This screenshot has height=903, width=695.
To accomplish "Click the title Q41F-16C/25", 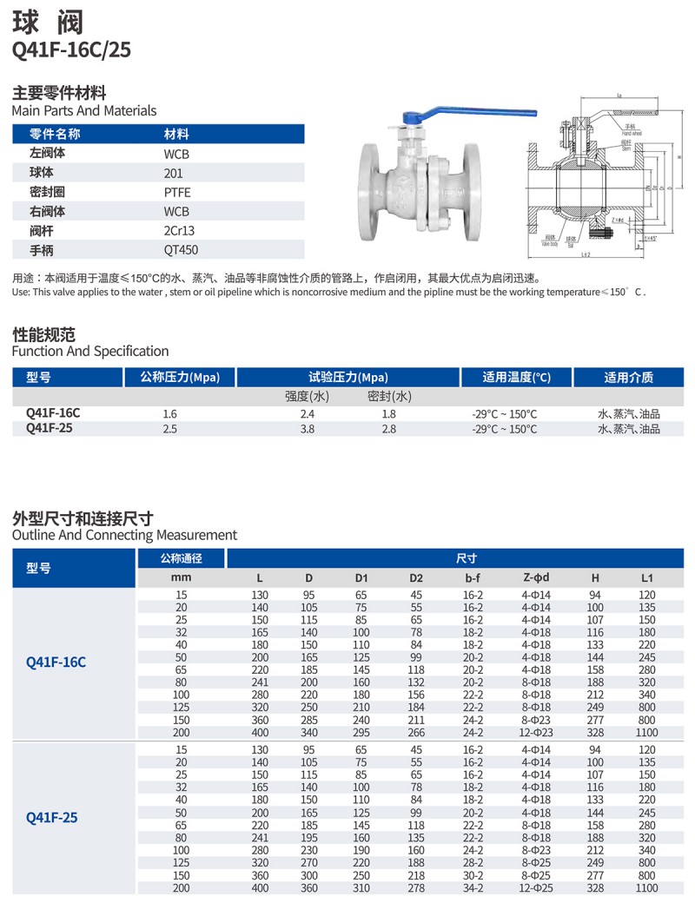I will (x=71, y=49).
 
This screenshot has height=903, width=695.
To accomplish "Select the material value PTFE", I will (x=176, y=192).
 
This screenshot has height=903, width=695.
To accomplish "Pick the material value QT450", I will (x=178, y=250).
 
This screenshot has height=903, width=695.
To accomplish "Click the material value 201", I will (x=173, y=173).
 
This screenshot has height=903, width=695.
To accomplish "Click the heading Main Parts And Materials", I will (x=84, y=111).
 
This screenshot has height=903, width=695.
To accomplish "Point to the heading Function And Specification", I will (x=90, y=352).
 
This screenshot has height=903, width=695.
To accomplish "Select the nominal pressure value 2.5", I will (x=170, y=429).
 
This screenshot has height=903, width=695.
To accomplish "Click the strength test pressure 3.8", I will (x=307, y=429).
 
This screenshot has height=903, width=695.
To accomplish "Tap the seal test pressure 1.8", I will (x=388, y=414).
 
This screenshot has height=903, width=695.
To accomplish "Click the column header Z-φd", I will (x=537, y=577).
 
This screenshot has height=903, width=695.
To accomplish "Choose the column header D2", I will (x=416, y=577).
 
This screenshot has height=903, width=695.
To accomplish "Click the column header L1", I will (x=647, y=577).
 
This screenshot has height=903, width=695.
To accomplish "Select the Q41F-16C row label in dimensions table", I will (x=56, y=662).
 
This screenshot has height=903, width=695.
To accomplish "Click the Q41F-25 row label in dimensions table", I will (x=52, y=817).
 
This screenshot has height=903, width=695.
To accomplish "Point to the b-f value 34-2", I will (x=473, y=888).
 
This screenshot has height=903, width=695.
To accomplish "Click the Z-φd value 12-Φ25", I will (x=537, y=888).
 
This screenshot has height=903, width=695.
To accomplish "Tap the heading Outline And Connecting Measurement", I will (x=124, y=536).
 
